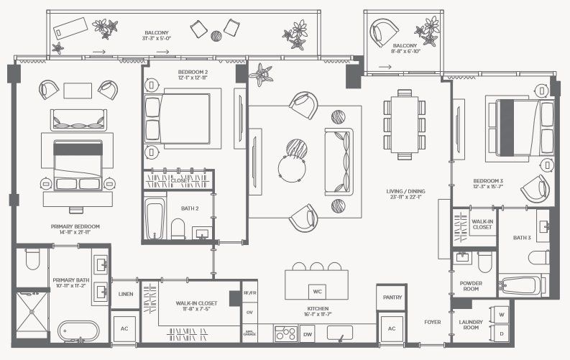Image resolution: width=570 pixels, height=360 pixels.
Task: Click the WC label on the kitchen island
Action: pos(316,292)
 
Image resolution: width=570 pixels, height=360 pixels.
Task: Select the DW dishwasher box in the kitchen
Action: pos(308,334)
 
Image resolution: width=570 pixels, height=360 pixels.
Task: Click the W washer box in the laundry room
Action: pos(501,315)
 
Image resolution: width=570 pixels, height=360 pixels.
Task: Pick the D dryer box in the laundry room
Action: pos(501,333)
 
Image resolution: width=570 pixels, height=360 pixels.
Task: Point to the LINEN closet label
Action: pos(125,294)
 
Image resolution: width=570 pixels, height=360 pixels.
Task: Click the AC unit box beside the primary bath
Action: pos(124,327)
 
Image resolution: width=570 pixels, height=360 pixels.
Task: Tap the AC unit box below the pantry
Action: pos(392,328)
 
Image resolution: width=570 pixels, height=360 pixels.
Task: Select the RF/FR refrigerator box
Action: pos(249,293)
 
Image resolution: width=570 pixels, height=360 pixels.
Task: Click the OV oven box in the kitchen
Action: pos(249,313)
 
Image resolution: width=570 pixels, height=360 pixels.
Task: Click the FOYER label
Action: pos(432,322)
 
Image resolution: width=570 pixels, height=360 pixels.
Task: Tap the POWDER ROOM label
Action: pos(472,287)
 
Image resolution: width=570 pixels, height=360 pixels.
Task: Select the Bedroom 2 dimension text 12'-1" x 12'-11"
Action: pos(193,79)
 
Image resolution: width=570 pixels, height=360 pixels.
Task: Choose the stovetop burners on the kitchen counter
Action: pos(285,333)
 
